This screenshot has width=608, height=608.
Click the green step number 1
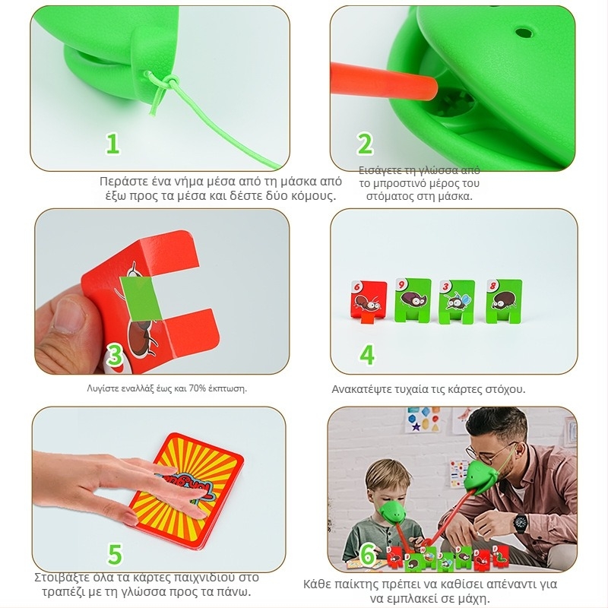click(x=112, y=144)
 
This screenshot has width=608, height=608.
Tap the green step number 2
click(x=365, y=144)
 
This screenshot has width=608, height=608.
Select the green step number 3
click(x=115, y=355)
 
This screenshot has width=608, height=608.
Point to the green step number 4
click(x=367, y=354)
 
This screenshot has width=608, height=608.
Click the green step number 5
click(x=115, y=554)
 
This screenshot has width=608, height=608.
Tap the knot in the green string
click(x=165, y=83)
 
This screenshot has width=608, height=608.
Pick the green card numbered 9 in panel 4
click(x=413, y=299)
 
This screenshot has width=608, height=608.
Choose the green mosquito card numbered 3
click(x=457, y=302)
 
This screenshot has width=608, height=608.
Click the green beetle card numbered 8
click(x=504, y=301)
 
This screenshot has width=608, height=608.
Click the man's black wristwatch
click(x=520, y=522)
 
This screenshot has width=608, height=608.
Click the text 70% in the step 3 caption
click(x=198, y=388)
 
